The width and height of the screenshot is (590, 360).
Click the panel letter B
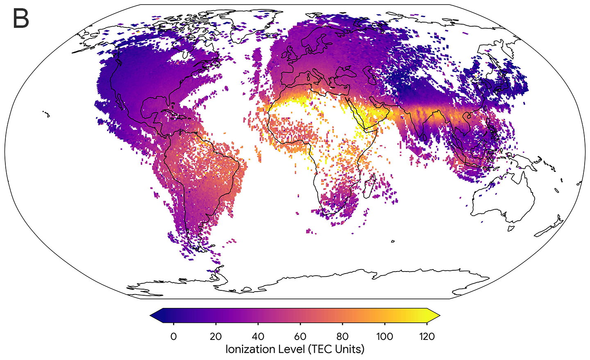pyautogui.click(x=20, y=19)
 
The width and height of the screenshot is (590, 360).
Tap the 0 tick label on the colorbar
pyautogui.click(x=173, y=337)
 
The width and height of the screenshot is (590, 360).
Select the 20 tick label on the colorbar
pyautogui.click(x=216, y=337)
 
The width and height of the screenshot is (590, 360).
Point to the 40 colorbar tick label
pyautogui.click(x=258, y=337)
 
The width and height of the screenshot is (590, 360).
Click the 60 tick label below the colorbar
pyautogui.click(x=300, y=337)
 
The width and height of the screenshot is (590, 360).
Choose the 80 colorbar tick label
pyautogui.click(x=343, y=337)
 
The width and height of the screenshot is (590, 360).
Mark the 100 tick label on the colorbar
pyautogui.click(x=384, y=337)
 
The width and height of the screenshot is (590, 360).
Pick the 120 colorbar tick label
pyautogui.click(x=427, y=337)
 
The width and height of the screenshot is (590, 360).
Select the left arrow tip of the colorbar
pyautogui.click(x=152, y=315)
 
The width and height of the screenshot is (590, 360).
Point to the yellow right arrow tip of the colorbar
pyautogui.click(x=438, y=315)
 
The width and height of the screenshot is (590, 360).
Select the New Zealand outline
pyautogui.click(x=549, y=227)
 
